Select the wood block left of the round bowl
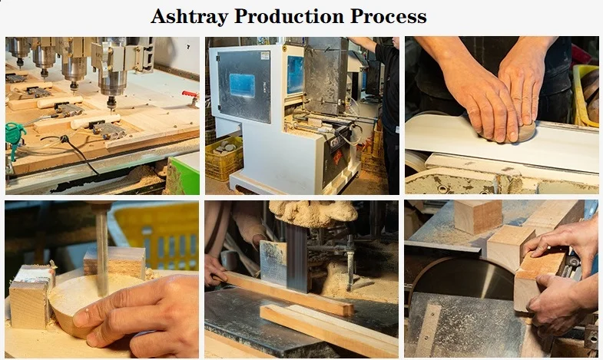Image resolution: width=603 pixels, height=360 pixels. click(30, 298)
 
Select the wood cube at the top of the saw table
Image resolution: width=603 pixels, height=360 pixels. click(477, 216)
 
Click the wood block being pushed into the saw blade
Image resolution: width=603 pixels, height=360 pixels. click(538, 276)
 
